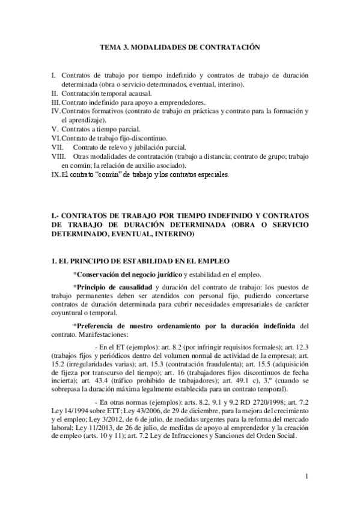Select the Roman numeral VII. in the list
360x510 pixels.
pos(58,147)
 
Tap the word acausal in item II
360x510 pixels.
pos(141,94)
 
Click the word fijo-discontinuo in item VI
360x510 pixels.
pos(138,138)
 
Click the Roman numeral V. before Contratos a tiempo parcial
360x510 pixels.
pos(55,129)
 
